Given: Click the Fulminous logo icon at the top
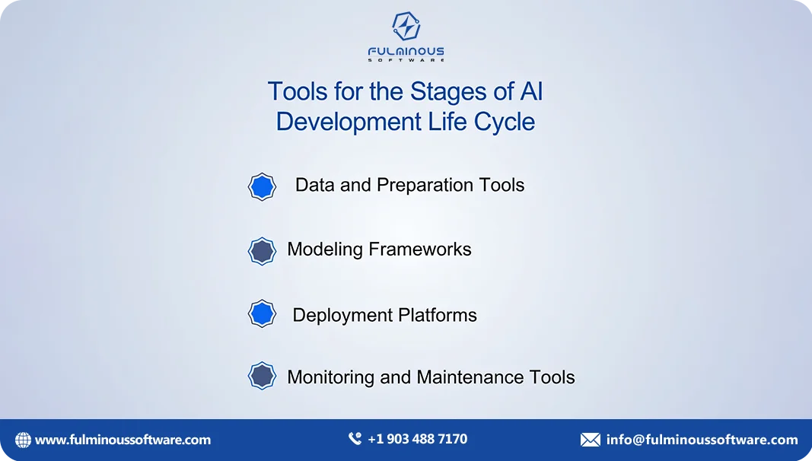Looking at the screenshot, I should coord(406,27).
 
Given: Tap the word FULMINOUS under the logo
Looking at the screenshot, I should coord(406,52).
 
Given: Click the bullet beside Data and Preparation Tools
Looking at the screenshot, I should coord(262,186).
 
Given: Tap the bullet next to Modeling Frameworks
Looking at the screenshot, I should coord(262,251).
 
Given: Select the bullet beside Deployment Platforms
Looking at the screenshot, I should coord(262,313).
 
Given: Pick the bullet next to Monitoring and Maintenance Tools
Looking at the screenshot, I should coord(262,376).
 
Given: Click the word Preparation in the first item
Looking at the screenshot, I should coord(425,185).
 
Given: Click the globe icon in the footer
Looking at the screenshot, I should coord(24,440).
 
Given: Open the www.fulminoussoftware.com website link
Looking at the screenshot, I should coord(123,440).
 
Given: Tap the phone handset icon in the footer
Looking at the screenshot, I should coord(355,439).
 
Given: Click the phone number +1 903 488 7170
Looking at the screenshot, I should coord(417,439).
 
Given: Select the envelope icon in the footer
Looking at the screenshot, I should coord(590,440).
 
